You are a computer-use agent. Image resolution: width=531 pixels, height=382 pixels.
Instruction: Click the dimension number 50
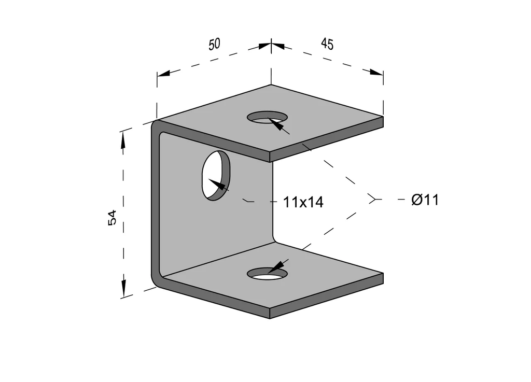(214, 45)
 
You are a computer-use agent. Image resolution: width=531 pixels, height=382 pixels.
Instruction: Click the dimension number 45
(327, 44)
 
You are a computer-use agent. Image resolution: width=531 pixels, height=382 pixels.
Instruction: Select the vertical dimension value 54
(112, 217)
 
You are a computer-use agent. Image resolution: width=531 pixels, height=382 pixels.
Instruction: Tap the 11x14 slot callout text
(303, 202)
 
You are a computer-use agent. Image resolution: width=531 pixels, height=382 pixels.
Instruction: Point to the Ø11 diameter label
(425, 200)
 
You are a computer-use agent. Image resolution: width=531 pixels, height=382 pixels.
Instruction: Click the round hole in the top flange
(267, 117)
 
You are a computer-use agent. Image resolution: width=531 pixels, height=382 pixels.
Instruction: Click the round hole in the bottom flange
(267, 273)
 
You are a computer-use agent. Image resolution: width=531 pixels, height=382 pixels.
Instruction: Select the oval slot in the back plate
(216, 176)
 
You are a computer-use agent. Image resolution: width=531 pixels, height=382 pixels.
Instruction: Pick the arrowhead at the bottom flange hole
(277, 266)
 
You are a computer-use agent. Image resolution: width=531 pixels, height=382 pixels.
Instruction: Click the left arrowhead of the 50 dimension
(163, 73)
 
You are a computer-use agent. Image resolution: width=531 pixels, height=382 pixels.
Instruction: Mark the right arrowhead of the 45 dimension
(376, 72)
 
